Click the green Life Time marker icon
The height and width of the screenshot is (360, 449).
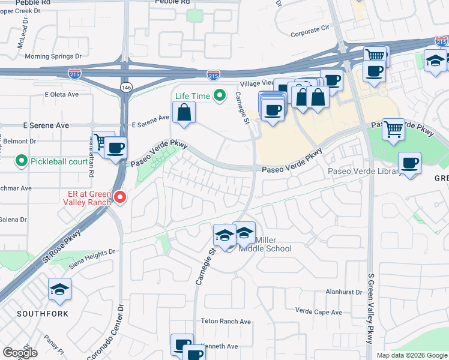[x=220, y=95]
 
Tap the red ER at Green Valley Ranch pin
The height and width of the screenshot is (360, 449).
[x=120, y=197]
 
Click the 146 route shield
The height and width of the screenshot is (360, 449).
[x=125, y=88]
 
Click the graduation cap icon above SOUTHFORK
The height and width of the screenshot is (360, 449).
[x=59, y=290]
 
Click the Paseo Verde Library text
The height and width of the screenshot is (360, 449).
[x=364, y=172]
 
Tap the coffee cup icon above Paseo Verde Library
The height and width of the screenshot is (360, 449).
[x=409, y=163]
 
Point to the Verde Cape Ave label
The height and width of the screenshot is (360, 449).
[x=319, y=311]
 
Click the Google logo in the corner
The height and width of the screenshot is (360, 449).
[x=20, y=352]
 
